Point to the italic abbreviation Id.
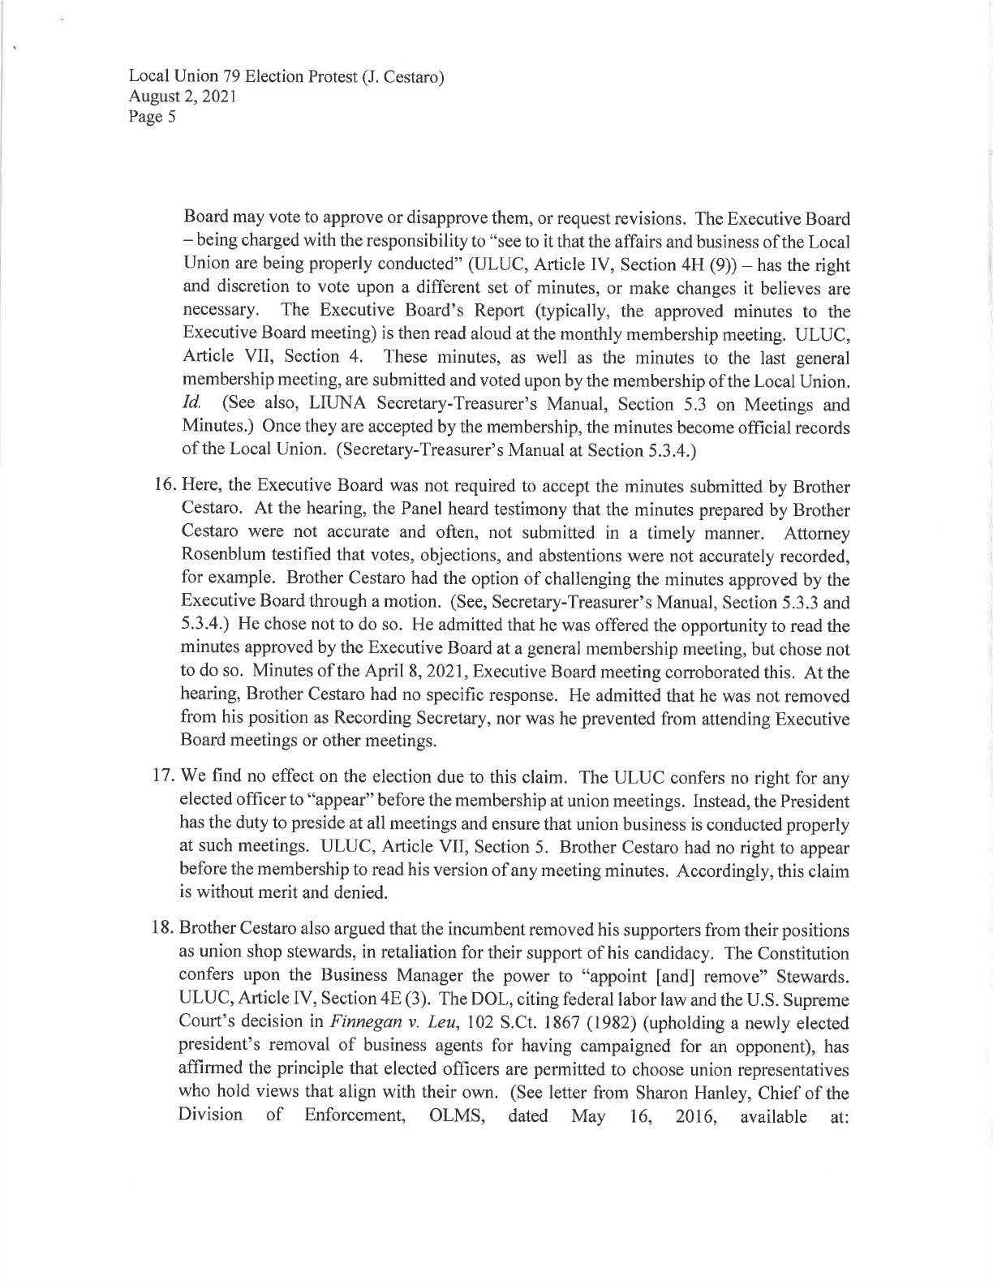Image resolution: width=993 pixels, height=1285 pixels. coord(192,404)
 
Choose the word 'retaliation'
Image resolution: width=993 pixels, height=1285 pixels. coord(392,952)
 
